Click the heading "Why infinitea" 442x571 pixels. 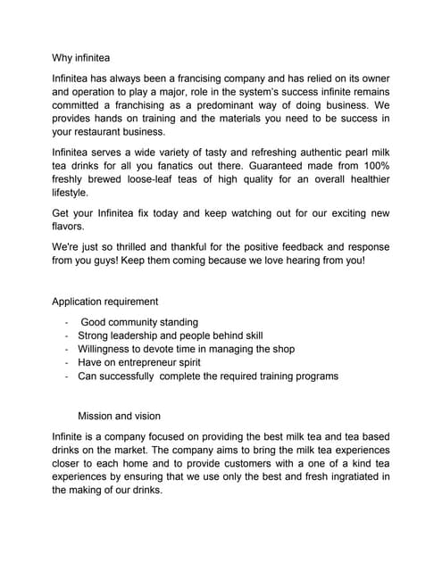click(x=81, y=59)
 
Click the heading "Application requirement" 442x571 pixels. click(x=105, y=302)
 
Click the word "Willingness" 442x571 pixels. click(x=106, y=349)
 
